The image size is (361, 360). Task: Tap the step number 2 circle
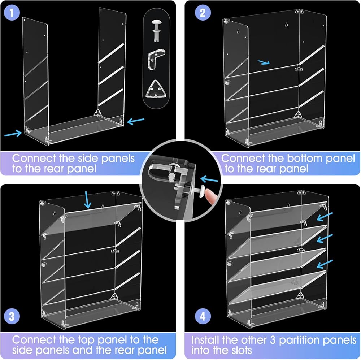coord(203,13)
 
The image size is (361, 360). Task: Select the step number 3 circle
coord(12,317)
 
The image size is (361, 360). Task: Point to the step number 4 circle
coord(203,317)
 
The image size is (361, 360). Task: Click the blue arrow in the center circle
coord(210,179)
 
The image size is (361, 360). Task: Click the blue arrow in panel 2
coord(264,62)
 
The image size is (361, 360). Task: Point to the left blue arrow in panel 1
coord(13,134)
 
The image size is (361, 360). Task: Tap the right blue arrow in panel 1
coord(136,121)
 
